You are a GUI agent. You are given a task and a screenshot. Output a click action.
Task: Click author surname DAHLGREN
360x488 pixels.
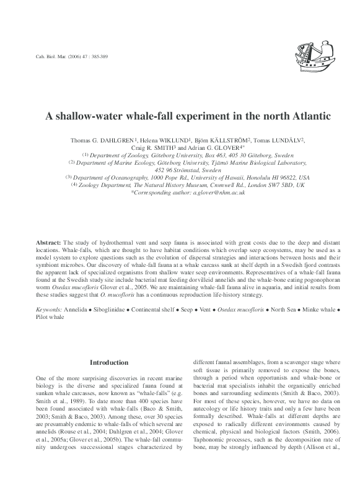118,141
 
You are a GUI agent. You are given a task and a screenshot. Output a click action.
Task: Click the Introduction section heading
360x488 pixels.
109,362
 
